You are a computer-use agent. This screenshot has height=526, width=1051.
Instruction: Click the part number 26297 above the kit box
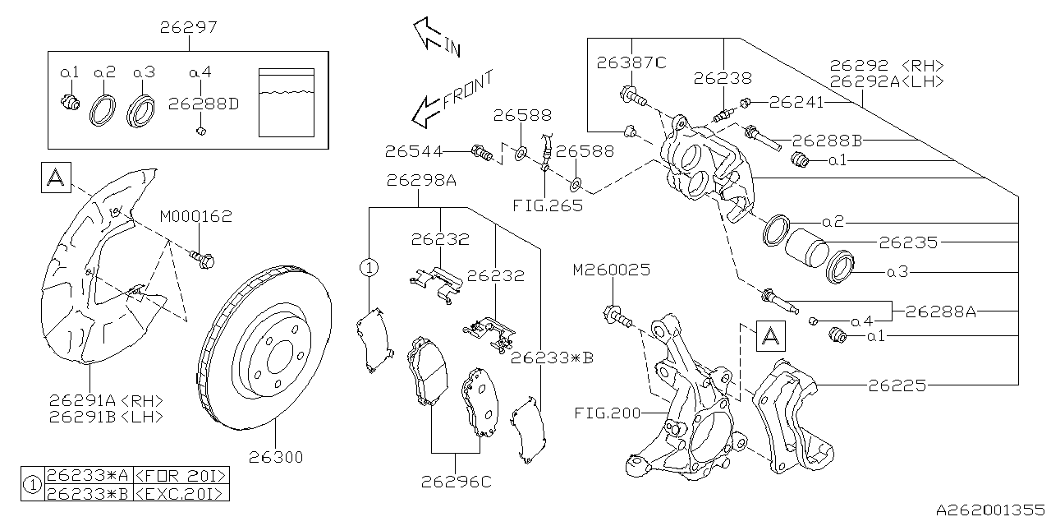(188, 28)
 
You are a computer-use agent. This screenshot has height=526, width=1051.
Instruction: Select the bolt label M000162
(195, 218)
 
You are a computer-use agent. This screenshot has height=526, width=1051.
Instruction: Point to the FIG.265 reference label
(550, 205)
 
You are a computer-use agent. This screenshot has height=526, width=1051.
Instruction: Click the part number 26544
(414, 151)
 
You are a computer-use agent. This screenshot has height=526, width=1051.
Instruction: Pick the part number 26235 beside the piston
(907, 243)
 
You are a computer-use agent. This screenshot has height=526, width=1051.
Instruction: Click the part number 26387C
(631, 62)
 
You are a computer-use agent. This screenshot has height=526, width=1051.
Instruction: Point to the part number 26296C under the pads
(456, 482)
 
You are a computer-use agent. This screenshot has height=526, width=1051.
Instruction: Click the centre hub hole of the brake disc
(275, 355)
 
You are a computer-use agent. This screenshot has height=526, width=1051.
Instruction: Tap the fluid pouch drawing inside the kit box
(287, 102)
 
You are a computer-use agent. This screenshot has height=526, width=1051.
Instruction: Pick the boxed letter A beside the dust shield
(56, 178)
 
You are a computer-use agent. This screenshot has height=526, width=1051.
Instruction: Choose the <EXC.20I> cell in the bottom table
(179, 492)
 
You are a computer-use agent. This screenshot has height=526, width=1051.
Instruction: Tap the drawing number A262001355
(991, 510)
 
